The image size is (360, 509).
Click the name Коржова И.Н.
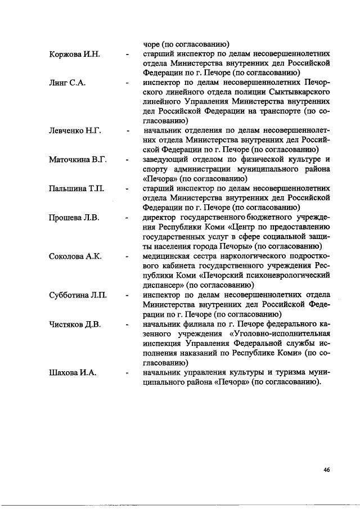click(74, 54)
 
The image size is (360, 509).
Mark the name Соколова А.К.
click(75, 256)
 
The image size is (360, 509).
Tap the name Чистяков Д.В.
click(75, 325)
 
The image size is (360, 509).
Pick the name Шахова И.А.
click(72, 373)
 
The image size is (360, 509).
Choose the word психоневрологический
click(282, 276)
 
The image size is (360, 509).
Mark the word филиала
click(203, 325)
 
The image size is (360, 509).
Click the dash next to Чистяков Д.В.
click(128, 325)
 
